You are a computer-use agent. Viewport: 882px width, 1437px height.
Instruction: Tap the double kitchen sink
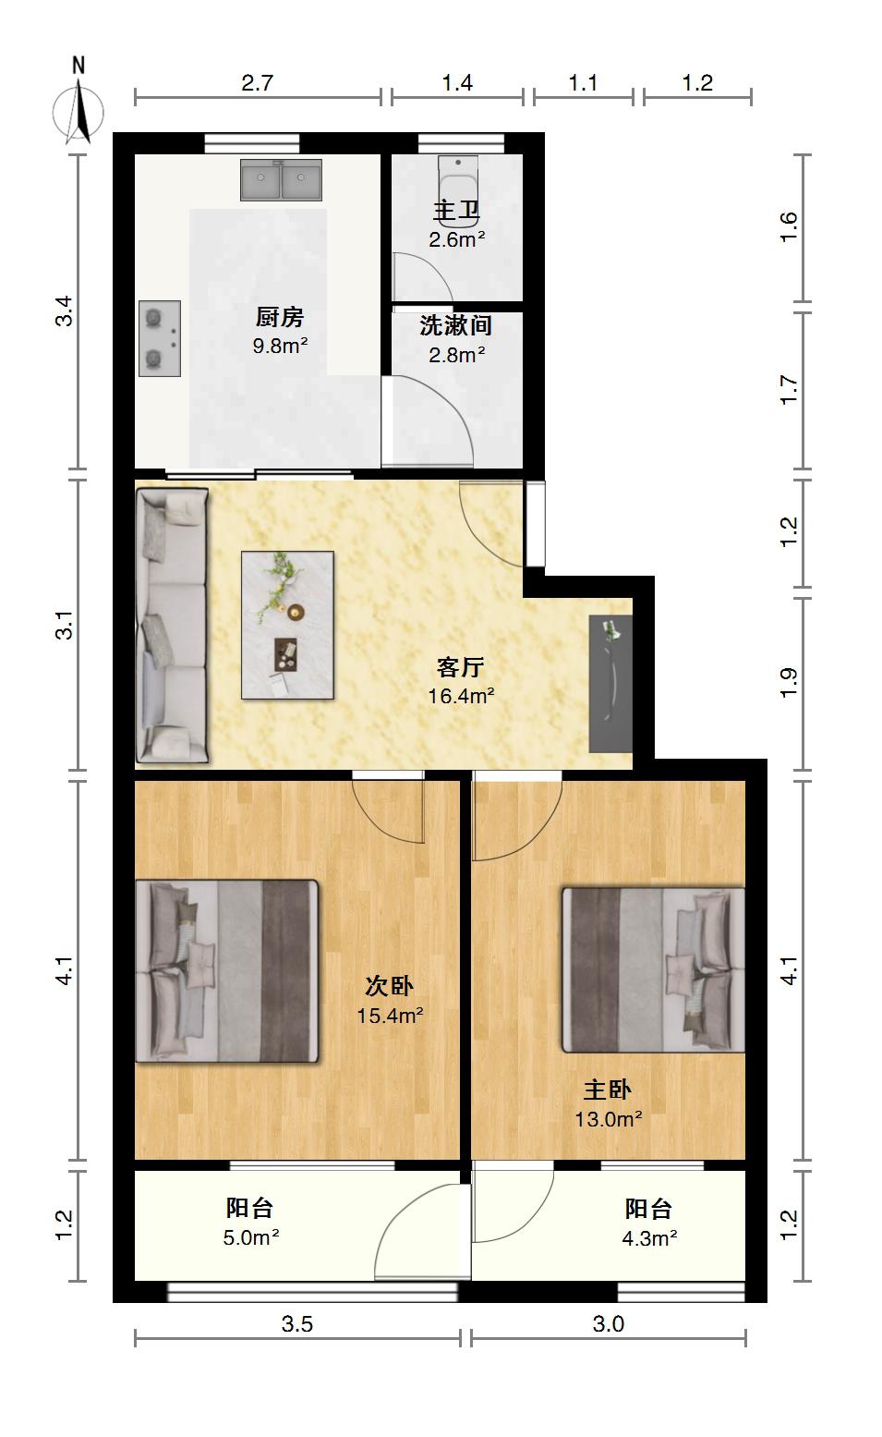tap(281, 179)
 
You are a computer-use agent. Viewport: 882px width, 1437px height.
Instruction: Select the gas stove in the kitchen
tap(160, 338)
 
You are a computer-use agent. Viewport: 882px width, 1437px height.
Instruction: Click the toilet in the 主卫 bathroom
tap(458, 185)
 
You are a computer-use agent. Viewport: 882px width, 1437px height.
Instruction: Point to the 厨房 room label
tap(280, 317)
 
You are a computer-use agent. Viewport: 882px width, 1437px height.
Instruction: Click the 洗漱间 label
tap(455, 325)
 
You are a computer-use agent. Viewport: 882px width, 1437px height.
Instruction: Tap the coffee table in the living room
tap(288, 624)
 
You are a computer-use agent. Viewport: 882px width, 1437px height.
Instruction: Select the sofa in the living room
tap(172, 626)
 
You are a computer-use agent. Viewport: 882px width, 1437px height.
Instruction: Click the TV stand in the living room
tap(610, 684)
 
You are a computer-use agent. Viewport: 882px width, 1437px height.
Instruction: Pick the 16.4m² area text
tap(461, 696)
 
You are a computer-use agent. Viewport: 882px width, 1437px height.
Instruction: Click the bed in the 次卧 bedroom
tap(227, 970)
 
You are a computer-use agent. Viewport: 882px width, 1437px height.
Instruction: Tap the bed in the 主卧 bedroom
tap(653, 970)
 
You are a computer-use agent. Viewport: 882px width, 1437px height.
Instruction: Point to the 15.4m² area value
tap(390, 1016)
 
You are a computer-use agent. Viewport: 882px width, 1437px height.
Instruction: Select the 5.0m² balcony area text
tap(250, 1237)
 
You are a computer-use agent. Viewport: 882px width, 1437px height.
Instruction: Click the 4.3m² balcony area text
tap(649, 1238)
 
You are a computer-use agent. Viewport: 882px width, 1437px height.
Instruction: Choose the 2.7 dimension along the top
tap(257, 83)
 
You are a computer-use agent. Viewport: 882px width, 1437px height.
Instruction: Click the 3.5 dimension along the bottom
tap(296, 1323)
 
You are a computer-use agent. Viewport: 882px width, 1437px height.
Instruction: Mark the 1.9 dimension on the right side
tap(789, 683)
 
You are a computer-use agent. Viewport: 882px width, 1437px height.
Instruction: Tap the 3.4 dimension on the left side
tap(65, 311)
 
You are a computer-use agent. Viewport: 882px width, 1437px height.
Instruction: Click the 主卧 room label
tap(607, 1090)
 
